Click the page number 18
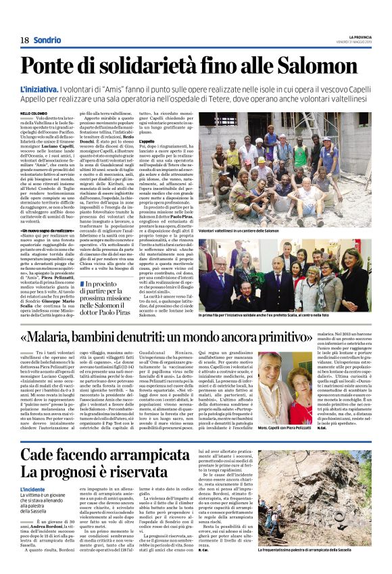coord(24,40)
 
